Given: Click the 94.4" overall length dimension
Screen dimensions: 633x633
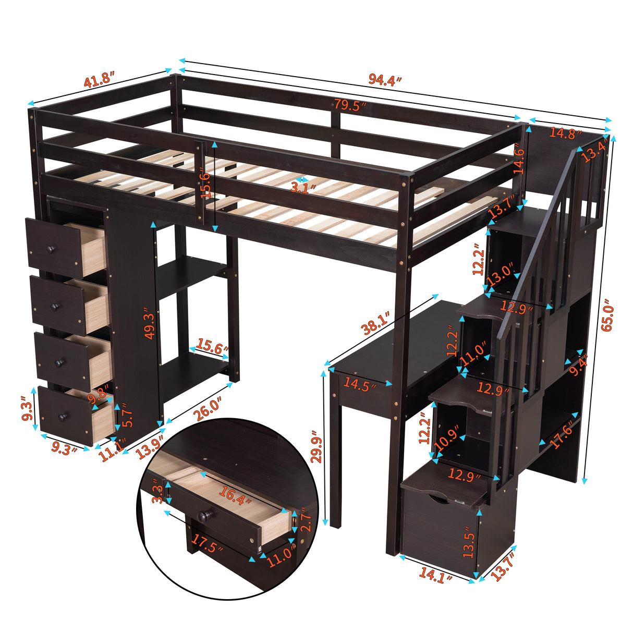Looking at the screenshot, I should coord(385,79).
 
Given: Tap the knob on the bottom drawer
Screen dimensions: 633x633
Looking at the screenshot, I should coord(64,416).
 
